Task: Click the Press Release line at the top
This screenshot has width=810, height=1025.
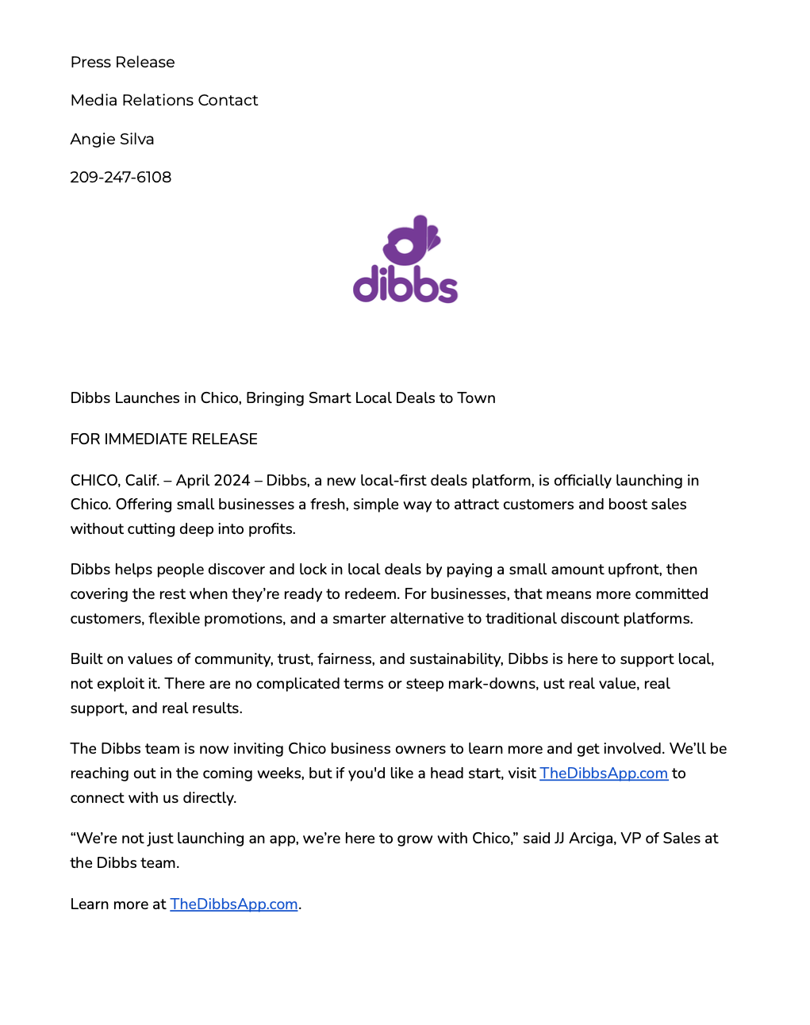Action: (122, 62)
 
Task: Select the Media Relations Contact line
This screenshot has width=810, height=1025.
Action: (164, 100)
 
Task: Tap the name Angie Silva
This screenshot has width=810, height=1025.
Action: (112, 139)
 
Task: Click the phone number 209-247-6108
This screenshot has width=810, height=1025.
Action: (121, 177)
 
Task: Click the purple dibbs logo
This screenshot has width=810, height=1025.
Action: (405, 259)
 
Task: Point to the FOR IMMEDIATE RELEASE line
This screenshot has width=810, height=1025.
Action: (163, 439)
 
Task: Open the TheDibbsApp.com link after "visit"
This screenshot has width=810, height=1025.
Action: (603, 773)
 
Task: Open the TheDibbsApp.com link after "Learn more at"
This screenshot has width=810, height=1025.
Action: (233, 904)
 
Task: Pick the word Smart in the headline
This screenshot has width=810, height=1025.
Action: (329, 397)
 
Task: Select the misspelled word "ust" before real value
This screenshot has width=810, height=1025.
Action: (552, 683)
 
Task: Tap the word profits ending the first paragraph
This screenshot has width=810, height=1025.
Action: (269, 528)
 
